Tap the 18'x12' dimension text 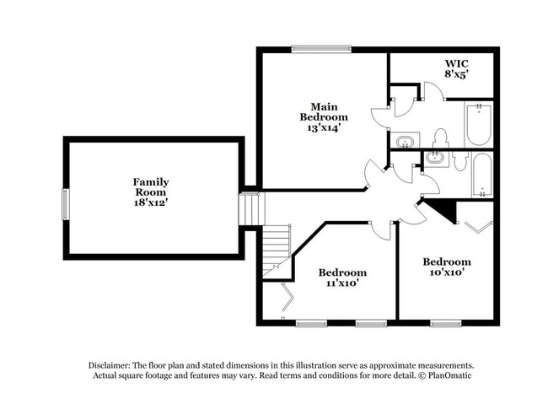pyautogui.click(x=151, y=202)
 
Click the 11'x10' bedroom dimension pyautogui.click(x=342, y=284)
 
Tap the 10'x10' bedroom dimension pyautogui.click(x=446, y=272)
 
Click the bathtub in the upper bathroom pyautogui.click(x=477, y=124)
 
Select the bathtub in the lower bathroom pyautogui.click(x=482, y=174)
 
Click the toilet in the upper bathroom pyautogui.click(x=440, y=137)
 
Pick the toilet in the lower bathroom pyautogui.click(x=459, y=160)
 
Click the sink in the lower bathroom pyautogui.click(x=436, y=157)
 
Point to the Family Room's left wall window pyautogui.click(x=65, y=202)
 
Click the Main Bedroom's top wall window pyautogui.click(x=321, y=49)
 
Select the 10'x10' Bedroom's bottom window pyautogui.click(x=445, y=323)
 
